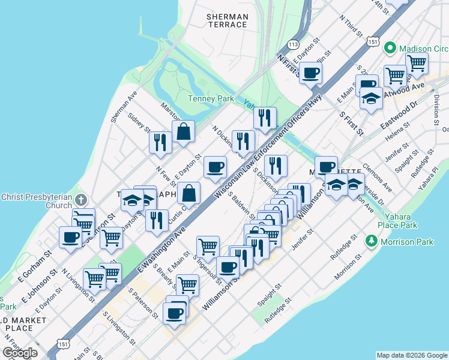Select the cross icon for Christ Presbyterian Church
click(x=82, y=200)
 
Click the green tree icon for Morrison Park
click(x=372, y=242)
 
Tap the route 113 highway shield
click(x=293, y=44)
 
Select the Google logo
click(x=20, y=352)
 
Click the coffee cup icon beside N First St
click(x=310, y=73)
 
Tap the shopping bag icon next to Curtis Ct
click(x=188, y=193)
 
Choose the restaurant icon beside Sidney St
click(x=160, y=142)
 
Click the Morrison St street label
click(x=350, y=266)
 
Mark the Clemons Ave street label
click(x=377, y=177)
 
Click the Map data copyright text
click(x=412, y=355)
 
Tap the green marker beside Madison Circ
click(x=389, y=47)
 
